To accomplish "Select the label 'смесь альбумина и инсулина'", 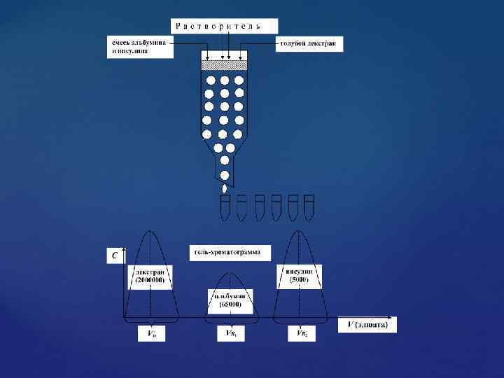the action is click(x=140, y=46).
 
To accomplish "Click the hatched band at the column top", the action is click(x=225, y=65).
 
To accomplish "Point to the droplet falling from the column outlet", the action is click(x=225, y=188).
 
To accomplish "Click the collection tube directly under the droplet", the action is click(x=225, y=207).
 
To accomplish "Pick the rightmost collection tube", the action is click(x=309, y=207).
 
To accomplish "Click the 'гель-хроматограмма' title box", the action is click(x=230, y=252).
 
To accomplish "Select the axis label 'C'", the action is click(x=115, y=256).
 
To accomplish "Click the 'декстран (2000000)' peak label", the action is click(x=150, y=276).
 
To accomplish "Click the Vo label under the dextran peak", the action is click(x=151, y=334).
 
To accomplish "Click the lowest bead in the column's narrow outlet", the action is click(x=225, y=174).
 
